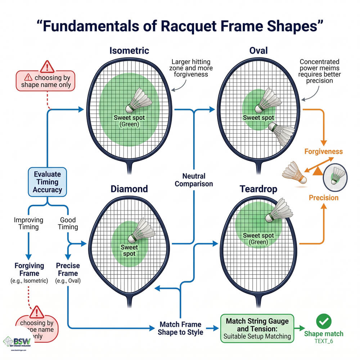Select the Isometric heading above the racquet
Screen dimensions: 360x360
coord(129,51)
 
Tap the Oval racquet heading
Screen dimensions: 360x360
coord(258,50)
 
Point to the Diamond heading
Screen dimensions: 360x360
coord(129,189)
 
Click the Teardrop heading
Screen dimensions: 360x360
coord(258,189)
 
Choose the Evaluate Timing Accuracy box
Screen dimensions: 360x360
coord(47,182)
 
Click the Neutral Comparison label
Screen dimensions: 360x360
coord(194,180)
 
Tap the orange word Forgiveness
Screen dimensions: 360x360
coord(323,152)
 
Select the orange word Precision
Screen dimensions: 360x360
coord(323,198)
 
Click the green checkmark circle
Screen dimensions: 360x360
coord(323,321)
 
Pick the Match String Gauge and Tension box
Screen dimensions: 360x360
coord(257,329)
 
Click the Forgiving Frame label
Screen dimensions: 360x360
coord(29,270)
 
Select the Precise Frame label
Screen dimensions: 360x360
coord(68,270)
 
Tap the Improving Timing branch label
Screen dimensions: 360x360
coord(28,223)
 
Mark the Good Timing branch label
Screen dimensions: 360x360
coord(68,223)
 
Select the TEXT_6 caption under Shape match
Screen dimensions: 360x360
coord(323,341)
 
